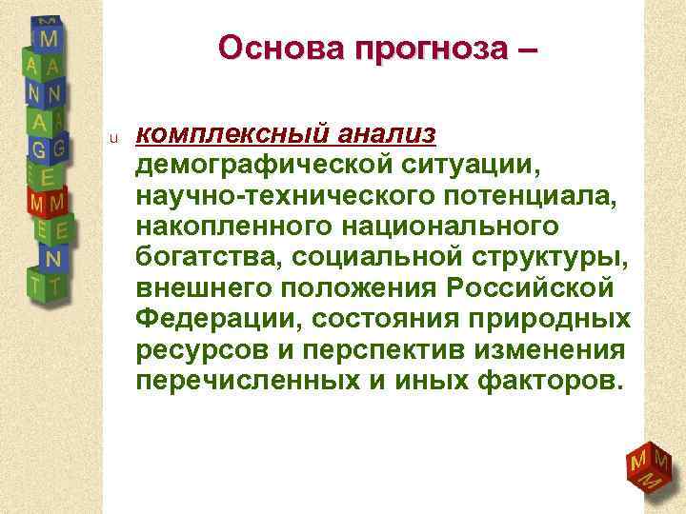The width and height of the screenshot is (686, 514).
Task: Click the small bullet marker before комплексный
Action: (112, 140)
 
